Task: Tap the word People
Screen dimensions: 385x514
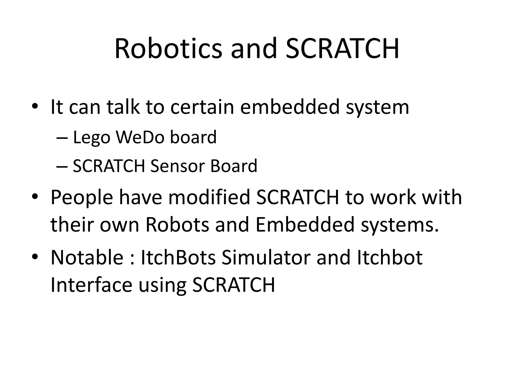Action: click(82, 198)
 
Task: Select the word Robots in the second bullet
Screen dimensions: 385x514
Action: click(177, 224)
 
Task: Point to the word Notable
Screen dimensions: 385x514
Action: click(87, 257)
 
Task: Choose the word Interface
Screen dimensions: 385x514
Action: click(91, 285)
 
